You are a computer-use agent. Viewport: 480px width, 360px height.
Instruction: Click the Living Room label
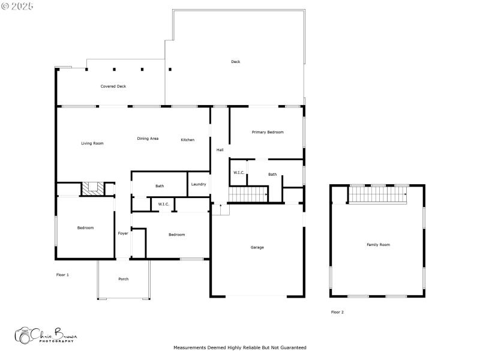92,143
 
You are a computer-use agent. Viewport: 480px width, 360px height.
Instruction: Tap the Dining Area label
148,139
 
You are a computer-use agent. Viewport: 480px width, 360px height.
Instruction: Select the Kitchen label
188,140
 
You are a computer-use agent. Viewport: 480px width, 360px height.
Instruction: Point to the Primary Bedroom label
268,132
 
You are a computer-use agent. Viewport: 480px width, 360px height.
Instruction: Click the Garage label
257,247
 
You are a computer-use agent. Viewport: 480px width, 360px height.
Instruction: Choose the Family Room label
378,245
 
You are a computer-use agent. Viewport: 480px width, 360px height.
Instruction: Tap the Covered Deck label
113,86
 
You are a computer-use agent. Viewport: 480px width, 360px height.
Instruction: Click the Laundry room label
199,184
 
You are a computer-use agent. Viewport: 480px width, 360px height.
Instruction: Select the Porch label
124,279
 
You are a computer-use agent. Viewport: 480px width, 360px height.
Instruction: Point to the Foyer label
123,233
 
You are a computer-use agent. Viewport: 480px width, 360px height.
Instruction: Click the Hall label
220,150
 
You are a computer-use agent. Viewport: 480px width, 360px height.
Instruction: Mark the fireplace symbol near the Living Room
92,188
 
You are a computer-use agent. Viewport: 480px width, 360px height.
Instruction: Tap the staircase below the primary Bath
248,194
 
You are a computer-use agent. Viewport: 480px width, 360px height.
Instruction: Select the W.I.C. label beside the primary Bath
238,173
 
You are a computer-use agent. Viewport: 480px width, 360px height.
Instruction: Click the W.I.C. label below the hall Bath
164,205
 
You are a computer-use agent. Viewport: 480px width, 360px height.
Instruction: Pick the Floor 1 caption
62,275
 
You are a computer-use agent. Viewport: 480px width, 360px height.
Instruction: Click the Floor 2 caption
337,312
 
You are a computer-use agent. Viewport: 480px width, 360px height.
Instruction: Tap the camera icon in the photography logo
24,335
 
